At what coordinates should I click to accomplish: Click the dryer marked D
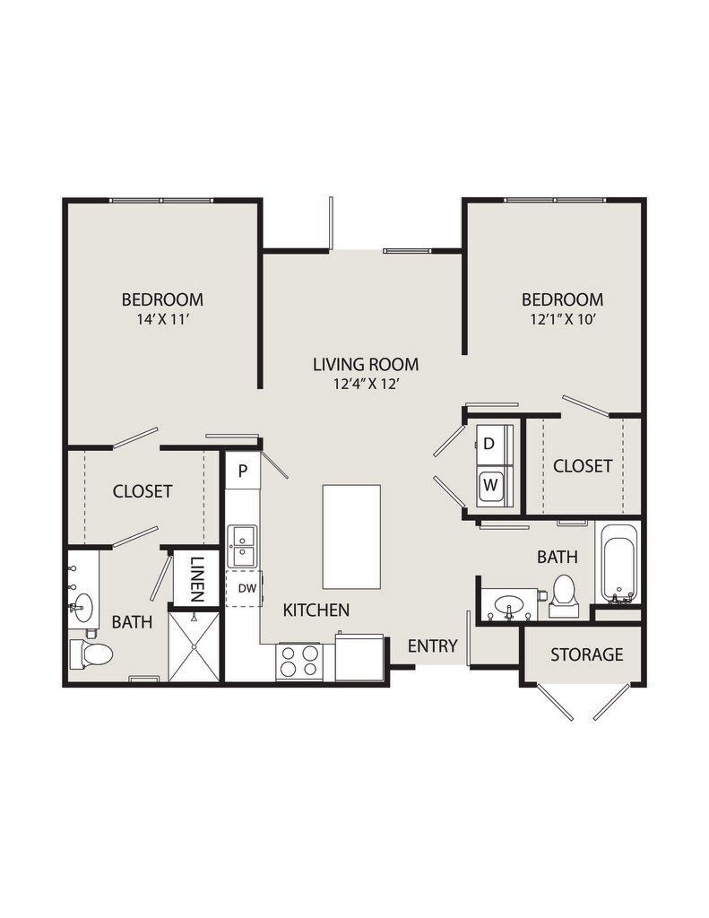tap(490, 444)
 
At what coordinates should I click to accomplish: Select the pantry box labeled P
tap(242, 470)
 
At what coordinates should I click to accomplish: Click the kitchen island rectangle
tap(351, 536)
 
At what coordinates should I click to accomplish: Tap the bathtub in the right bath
tap(618, 566)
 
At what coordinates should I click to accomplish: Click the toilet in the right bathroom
tap(564, 594)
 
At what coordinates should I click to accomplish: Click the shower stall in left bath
tap(195, 646)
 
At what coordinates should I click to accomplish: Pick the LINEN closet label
tap(197, 579)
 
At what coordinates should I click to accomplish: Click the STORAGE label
tap(586, 654)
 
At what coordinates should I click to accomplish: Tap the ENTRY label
tap(433, 645)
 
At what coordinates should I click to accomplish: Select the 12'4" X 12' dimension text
tap(365, 383)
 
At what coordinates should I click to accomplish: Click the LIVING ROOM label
tap(365, 364)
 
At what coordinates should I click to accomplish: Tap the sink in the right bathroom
tap(509, 603)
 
